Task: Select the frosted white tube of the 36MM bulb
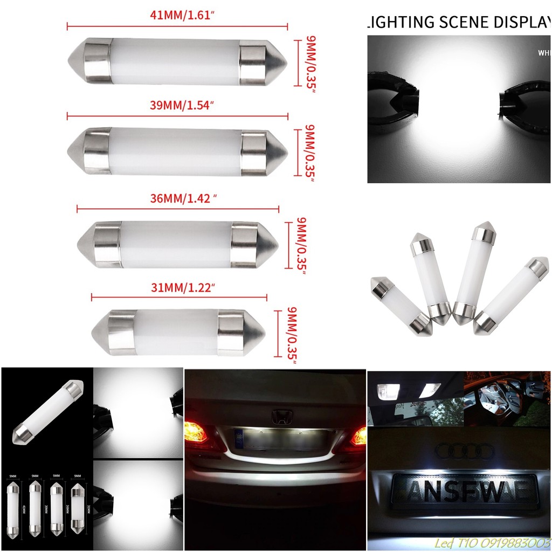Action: click(176, 244)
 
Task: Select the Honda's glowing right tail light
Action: click(358, 436)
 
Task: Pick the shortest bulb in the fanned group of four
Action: click(400, 306)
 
